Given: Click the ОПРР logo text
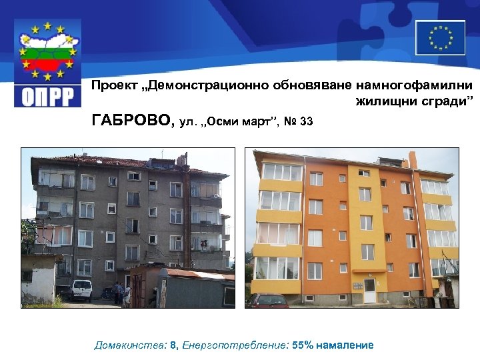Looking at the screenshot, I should [48, 94].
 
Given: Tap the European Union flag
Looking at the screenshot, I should [440, 37].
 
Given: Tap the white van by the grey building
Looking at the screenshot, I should [81, 289].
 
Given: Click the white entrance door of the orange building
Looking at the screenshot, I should [369, 291].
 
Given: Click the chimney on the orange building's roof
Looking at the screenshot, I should [412, 159].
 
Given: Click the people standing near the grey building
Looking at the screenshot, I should [119, 292].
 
